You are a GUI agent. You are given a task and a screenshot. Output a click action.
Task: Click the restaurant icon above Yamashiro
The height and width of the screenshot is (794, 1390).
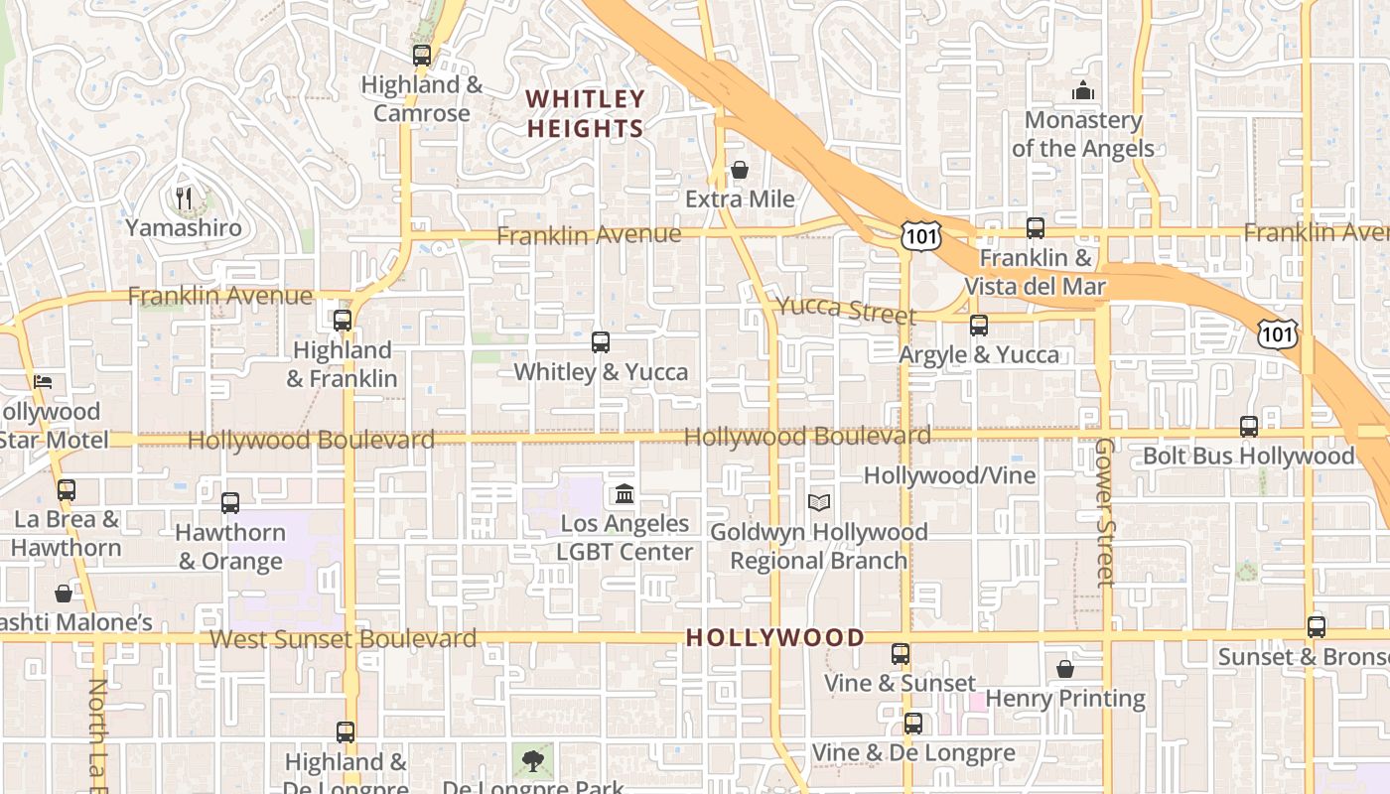[x=184, y=198]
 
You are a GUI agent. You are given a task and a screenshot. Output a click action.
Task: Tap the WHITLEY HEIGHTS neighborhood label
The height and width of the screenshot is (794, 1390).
[x=586, y=113]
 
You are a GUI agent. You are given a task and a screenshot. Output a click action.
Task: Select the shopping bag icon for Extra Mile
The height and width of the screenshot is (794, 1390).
[x=740, y=171]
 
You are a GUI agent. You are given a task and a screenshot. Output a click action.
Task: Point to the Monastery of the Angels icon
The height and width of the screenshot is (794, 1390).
[x=1083, y=91]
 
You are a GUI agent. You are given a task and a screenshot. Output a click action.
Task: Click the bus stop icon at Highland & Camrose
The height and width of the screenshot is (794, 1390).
[x=422, y=56]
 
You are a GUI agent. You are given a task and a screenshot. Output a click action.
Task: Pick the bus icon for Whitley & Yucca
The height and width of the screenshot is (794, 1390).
[x=601, y=342]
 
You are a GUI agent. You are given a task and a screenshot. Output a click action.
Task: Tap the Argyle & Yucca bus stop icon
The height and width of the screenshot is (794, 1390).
[x=979, y=326]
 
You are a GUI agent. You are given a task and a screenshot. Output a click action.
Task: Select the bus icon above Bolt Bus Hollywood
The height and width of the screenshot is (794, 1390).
[x=1249, y=427]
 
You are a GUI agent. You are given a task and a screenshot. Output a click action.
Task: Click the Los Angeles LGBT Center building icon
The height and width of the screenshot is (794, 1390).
[x=625, y=493]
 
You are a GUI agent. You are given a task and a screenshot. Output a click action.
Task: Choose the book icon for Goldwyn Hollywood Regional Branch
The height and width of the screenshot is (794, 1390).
[x=819, y=503]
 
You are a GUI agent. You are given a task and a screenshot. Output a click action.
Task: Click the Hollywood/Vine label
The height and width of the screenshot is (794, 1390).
[x=949, y=475]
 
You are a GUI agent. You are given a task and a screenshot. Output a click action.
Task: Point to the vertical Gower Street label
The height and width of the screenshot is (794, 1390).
[x=1104, y=512]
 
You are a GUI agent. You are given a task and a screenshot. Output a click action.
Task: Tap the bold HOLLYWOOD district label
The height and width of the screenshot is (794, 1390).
[x=775, y=637]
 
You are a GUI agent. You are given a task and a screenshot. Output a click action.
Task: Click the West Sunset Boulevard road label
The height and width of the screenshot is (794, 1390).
[x=344, y=638]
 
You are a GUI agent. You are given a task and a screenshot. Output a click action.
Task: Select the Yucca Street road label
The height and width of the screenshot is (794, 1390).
[x=845, y=310]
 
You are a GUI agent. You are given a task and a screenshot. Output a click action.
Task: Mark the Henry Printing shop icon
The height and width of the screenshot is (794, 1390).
[x=1065, y=669]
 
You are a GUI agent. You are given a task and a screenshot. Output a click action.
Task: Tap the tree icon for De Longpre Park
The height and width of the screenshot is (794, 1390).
[x=533, y=761]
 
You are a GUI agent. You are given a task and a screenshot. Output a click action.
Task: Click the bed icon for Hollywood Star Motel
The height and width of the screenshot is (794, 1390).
[x=43, y=381]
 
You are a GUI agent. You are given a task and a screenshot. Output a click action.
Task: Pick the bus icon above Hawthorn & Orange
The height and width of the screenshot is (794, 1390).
[x=230, y=503]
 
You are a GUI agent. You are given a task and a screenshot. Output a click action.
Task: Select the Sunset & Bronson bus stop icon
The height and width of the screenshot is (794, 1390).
[x=1317, y=627]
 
